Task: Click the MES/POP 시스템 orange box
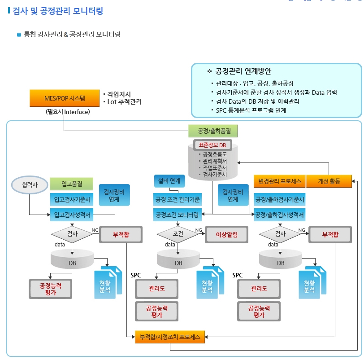pos(64,98)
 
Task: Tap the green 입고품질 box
pos(72,184)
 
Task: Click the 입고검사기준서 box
pos(72,200)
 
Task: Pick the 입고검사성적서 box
pos(72,215)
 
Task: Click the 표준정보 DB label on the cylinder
pos(212,145)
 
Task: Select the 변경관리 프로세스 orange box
pos(280,181)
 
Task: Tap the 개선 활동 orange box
pos(329,181)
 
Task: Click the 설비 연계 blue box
pos(169,181)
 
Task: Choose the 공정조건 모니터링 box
pos(178,215)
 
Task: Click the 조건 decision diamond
pos(178,234)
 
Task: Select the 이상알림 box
pos(226,234)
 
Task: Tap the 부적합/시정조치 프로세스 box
pos(170,337)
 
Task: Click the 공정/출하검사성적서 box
pos(280,215)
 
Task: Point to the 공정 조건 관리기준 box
pos(178,199)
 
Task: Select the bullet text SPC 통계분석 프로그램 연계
pos(251,110)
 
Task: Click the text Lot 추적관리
pos(125,102)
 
